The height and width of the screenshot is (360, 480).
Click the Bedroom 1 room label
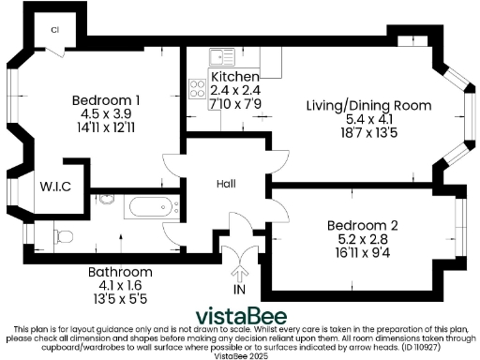click(x=106, y=100)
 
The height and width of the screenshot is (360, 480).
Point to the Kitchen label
click(x=234, y=76)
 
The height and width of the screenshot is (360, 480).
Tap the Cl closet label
click(x=56, y=29)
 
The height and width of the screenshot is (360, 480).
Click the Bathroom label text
click(x=120, y=273)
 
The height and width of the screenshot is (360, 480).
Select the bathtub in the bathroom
click(x=146, y=207)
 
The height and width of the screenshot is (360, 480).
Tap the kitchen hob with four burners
click(x=199, y=89)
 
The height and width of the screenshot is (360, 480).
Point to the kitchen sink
click(x=221, y=56)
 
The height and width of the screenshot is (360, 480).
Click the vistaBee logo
click(x=239, y=314)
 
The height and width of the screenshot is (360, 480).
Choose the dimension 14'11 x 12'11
click(x=106, y=127)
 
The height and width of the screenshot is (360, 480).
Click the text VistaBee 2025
click(x=240, y=356)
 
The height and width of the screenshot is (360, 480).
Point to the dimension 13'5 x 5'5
click(x=120, y=299)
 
